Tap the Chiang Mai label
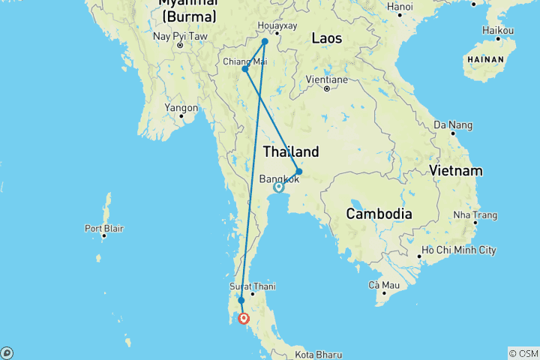pos(244,61)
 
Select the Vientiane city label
pos(326,79)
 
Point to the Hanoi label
pos(400,7)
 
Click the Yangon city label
pos(181,108)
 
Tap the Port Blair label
pos(103,228)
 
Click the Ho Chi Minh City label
pos(459,249)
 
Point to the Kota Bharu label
pos(318,354)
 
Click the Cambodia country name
pos(379,214)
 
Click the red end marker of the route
pos(244,318)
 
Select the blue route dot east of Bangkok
pos(298,172)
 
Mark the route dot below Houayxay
pos(265,42)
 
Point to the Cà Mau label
pos(383,285)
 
